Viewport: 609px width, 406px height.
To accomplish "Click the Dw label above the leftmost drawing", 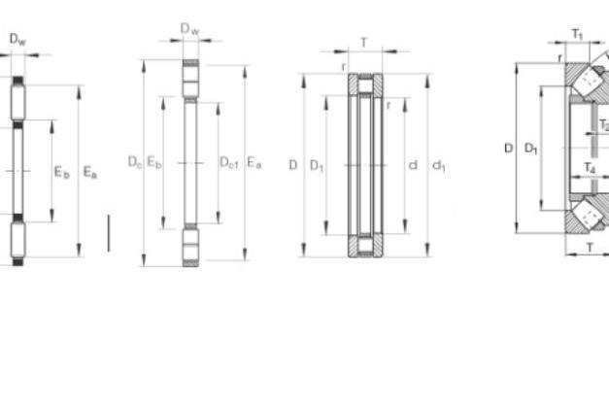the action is pos(17,40).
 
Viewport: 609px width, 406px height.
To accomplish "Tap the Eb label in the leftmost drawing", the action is pos(62,172).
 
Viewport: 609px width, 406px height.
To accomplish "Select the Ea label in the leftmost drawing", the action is pos(90,172).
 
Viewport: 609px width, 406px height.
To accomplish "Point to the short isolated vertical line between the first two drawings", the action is pos(109,233).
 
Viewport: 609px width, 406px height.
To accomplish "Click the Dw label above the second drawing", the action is pos(190,29).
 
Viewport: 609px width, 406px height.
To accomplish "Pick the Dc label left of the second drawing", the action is pos(135,162).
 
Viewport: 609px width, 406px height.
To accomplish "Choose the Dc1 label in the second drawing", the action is pos(229,162).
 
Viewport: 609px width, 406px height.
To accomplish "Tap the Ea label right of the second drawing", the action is pos(254,162).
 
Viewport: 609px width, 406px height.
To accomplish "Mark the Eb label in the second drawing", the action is pos(154,162).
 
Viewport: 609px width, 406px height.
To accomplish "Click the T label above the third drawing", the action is pos(364,43).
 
